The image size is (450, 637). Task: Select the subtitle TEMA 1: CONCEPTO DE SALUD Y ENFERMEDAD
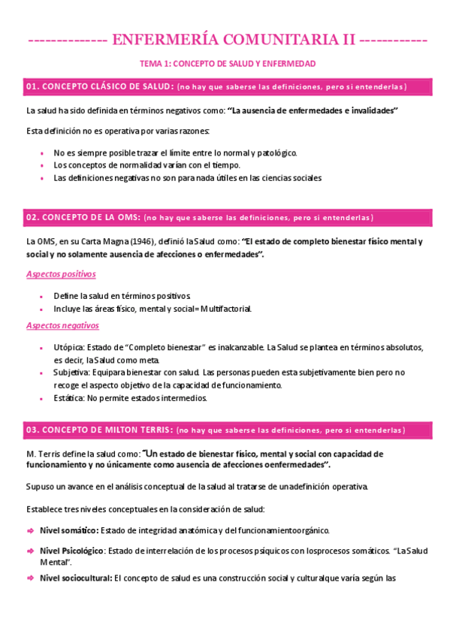225,64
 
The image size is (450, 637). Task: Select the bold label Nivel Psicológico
72,551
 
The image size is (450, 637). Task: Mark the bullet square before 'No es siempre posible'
42,153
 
